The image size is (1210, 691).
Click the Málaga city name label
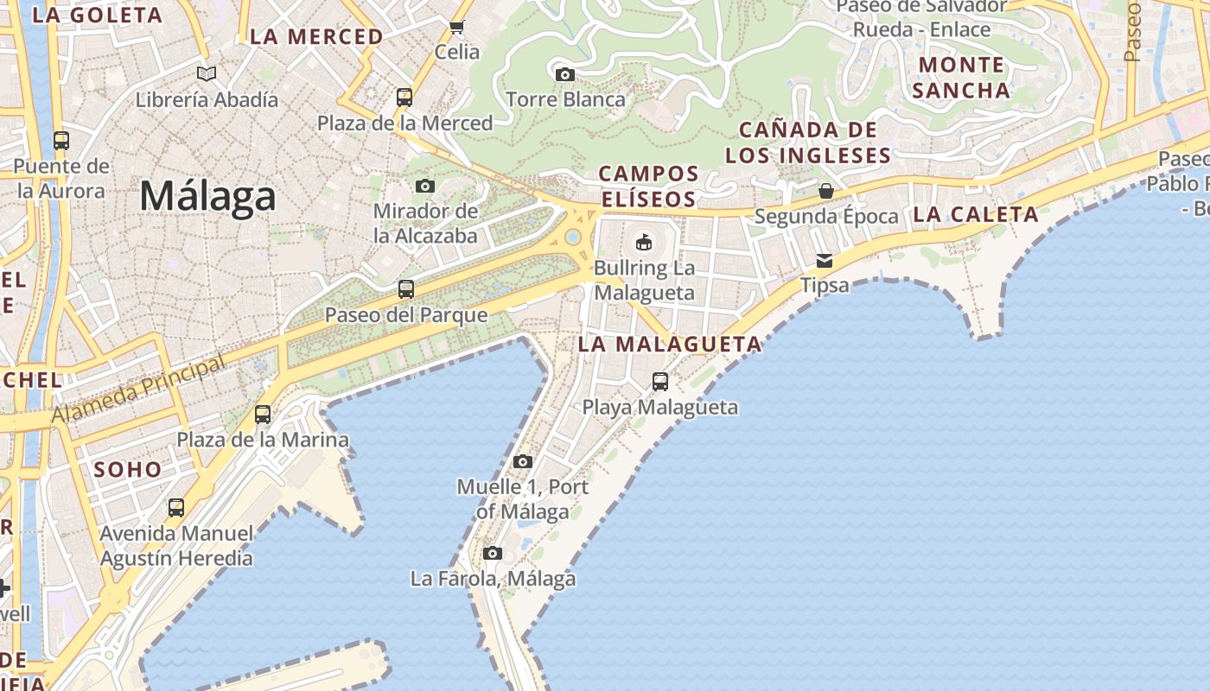[x=207, y=196]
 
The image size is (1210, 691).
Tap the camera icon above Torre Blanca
[x=565, y=74]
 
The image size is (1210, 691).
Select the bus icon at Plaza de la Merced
[x=404, y=97]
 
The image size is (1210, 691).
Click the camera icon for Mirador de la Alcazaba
[x=425, y=186]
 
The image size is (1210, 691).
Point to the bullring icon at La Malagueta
[x=644, y=242]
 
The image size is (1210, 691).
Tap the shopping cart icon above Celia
[x=457, y=27]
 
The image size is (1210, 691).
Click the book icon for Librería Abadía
[x=207, y=73]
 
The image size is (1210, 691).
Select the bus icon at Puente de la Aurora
[x=60, y=140]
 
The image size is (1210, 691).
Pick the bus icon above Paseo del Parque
[x=406, y=289]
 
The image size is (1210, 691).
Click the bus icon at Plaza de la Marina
[x=263, y=415]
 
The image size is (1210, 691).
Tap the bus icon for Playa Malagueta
[x=660, y=381]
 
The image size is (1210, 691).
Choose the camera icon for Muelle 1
[x=523, y=461]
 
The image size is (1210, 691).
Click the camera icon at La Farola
[x=493, y=553]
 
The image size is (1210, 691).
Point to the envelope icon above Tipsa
[x=825, y=260]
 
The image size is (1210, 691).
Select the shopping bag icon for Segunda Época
[x=826, y=191]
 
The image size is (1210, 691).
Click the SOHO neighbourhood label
[x=128, y=470]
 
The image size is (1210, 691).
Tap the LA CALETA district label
[x=976, y=215]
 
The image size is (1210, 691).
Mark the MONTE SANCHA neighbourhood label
[x=961, y=78]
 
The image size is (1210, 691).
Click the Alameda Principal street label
[x=138, y=390]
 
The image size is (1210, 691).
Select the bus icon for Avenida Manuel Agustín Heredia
[x=176, y=508]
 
